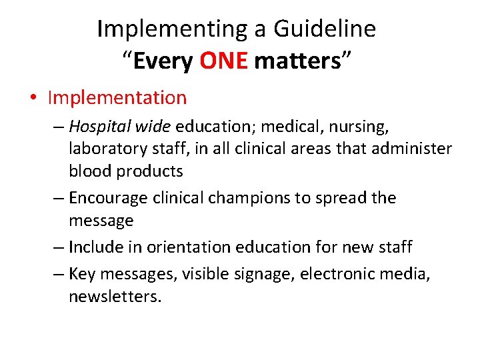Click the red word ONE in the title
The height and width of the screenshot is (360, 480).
(x=223, y=61)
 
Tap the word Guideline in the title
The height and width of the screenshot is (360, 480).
(x=325, y=29)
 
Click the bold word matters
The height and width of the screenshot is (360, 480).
(x=297, y=61)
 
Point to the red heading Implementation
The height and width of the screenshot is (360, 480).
(x=117, y=98)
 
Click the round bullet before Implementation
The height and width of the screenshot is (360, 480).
(x=33, y=99)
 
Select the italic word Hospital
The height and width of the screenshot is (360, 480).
(x=95, y=126)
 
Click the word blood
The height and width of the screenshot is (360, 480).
(x=90, y=171)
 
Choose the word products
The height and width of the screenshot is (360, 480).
(x=150, y=171)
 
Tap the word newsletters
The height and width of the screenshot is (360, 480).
(x=115, y=297)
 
